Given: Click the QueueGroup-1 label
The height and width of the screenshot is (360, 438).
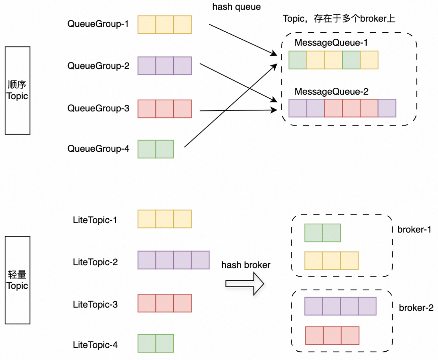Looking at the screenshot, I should pos(98,24).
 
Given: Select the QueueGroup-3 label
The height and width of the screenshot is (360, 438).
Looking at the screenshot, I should pos(98,108).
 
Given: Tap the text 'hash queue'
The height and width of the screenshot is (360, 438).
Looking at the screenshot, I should pos(236,7).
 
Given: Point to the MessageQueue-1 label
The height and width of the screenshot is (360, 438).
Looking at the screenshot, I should pos(331,43).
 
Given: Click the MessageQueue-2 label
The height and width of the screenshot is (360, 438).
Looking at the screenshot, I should pos(331,92).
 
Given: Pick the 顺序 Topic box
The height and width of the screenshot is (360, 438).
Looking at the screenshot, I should pos(18,91).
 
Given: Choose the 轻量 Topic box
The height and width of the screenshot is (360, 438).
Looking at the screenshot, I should pos(18,280).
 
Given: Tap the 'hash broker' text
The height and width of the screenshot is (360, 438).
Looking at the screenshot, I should pos(246,265).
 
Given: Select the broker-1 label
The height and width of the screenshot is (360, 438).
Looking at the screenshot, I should pos(414,230).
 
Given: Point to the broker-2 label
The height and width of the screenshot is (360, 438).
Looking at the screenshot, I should pos(416,308).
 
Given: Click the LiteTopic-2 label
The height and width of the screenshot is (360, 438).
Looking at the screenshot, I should pos(95,262).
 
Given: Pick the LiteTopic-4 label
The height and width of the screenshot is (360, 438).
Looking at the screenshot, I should pos(95,345).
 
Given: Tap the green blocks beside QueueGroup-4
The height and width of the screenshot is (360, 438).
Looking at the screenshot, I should pos(156,149).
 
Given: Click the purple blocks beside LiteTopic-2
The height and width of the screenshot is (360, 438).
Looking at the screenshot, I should pos(173,260).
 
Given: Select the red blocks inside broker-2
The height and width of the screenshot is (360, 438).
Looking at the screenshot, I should pos(332,336).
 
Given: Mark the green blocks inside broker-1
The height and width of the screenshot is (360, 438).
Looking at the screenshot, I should pos(322,233).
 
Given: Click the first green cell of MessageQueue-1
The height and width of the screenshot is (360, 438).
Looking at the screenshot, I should pos(298,60).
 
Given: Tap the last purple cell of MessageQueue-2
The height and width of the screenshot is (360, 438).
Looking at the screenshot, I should pos(387,108).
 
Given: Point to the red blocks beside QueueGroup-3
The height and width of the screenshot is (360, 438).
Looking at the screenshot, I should pos(165,109).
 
